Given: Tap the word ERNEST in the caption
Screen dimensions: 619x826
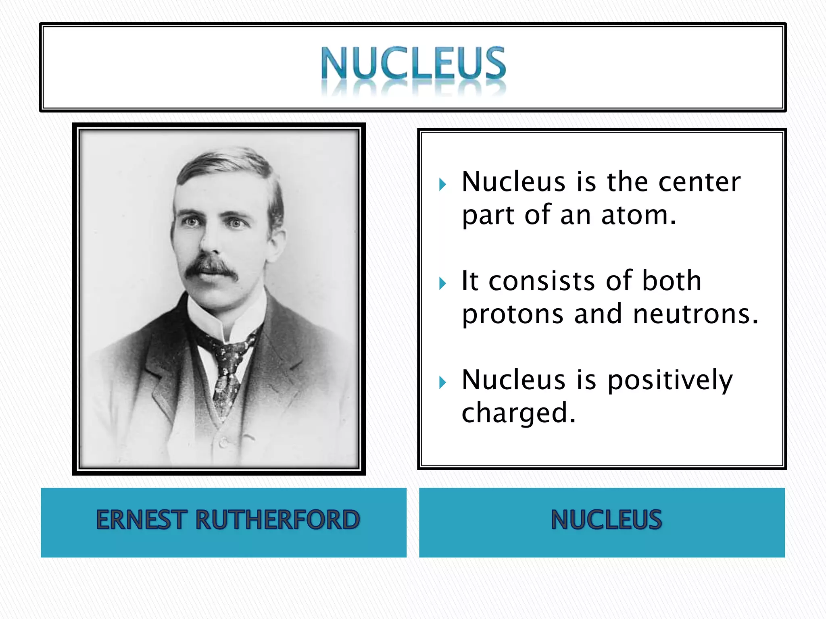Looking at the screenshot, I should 142,519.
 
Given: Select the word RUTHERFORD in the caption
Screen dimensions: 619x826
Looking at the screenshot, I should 277,519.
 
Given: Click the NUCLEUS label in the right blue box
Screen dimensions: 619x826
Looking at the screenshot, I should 606,519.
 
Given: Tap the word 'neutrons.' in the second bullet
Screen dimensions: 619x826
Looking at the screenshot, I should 696,314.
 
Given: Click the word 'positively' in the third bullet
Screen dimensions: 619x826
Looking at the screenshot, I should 670,381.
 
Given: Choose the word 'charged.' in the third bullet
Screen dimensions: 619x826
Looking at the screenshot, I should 519,413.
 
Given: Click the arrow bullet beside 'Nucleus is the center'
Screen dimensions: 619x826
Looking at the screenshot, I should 443,185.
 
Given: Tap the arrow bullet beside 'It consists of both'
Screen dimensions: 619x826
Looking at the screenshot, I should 443,284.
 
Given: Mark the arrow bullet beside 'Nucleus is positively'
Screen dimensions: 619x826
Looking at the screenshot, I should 443,382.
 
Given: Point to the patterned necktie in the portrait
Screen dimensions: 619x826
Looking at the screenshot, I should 226,371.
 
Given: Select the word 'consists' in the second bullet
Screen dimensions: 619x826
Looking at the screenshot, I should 542,281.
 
